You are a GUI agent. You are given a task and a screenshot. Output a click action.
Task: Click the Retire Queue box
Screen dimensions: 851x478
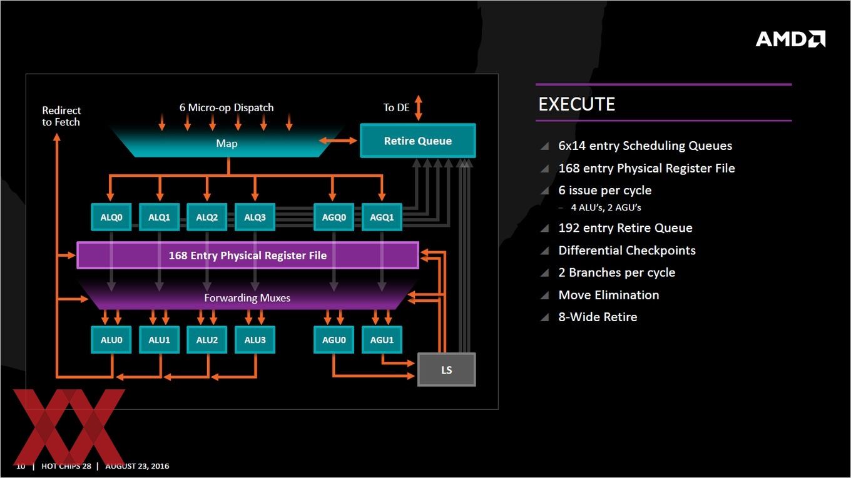418,141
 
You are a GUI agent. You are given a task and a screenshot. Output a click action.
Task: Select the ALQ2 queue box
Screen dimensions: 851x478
207,217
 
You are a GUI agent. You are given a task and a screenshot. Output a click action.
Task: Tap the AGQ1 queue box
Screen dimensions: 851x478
382,217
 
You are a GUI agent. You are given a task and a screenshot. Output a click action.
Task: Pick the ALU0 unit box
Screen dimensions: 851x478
111,339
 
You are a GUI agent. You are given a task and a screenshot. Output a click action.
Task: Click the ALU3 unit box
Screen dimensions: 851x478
255,339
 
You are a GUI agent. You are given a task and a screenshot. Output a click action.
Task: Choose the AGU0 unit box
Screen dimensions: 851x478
334,339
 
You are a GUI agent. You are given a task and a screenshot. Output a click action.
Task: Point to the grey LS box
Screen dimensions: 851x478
446,370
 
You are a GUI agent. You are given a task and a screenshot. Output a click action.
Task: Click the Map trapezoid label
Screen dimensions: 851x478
227,144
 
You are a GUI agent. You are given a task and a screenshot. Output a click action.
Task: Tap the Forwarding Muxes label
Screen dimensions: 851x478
247,298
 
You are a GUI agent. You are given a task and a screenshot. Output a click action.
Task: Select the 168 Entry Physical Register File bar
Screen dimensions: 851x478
248,256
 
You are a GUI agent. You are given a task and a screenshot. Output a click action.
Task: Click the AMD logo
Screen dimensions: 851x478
790,39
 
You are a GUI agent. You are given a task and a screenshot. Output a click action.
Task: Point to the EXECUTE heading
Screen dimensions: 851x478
577,104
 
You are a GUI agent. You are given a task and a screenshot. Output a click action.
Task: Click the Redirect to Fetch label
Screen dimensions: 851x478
61,116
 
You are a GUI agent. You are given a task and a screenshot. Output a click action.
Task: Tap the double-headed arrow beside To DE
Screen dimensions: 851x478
418,107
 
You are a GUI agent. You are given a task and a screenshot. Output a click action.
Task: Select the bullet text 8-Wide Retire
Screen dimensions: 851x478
598,317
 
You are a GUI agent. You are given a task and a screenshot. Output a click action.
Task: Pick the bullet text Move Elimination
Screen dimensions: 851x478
609,295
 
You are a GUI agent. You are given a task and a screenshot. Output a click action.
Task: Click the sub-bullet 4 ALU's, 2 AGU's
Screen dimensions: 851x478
606,207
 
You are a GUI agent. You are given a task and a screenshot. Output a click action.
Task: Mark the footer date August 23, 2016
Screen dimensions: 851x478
137,466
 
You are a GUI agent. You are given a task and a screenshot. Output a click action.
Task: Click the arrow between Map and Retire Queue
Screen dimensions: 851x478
338,141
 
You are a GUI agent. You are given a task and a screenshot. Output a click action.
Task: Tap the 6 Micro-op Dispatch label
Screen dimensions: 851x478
227,107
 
